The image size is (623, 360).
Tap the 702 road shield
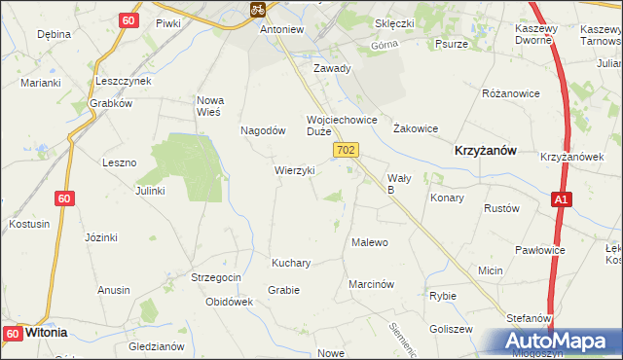[347, 150]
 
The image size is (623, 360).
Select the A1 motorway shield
[561, 199]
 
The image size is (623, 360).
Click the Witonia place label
[46, 332]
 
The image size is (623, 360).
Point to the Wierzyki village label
[294, 170]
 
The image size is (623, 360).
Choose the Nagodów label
[262, 130]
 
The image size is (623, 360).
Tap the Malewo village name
[370, 242]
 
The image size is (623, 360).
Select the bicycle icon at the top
[257, 10]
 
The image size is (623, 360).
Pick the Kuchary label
[291, 263]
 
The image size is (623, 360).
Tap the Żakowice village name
[415, 128]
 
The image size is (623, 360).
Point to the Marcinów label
[371, 284]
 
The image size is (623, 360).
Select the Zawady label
[331, 69]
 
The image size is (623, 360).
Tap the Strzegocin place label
[215, 277]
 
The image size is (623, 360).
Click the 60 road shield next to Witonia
[12, 334]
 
